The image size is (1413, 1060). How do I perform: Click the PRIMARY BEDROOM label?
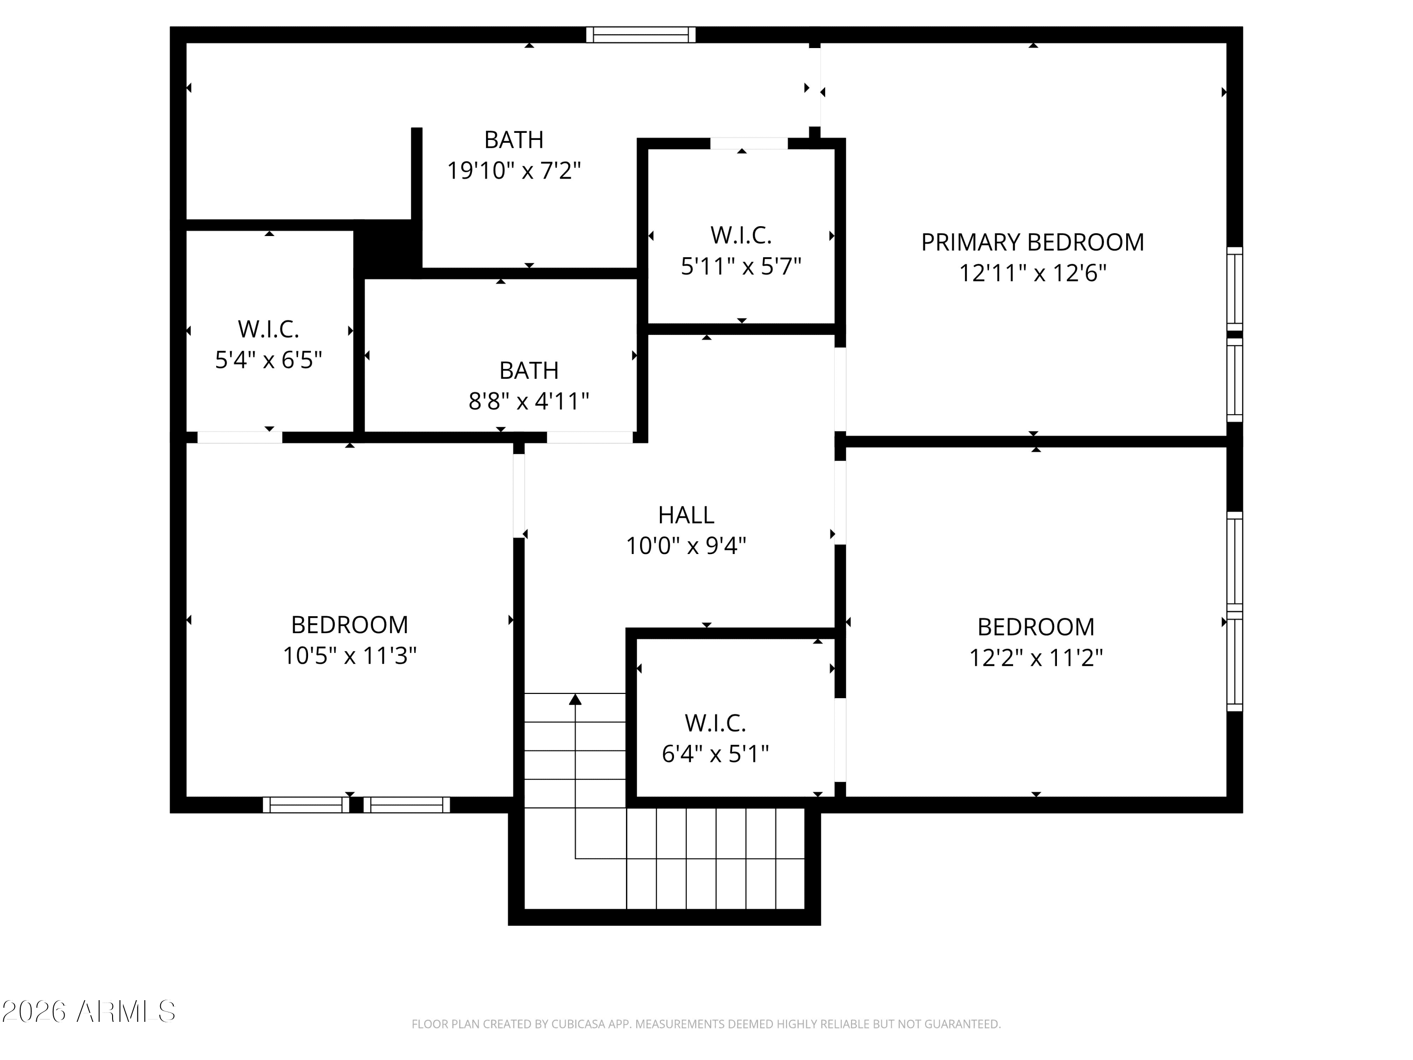point(1032,242)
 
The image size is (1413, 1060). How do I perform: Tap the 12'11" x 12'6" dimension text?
point(1032,273)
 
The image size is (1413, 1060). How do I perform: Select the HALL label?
point(686,515)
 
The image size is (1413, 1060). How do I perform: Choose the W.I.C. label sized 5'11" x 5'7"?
point(741,235)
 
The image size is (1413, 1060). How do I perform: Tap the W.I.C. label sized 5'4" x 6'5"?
point(268,329)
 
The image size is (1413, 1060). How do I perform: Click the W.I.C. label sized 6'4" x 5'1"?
point(715,723)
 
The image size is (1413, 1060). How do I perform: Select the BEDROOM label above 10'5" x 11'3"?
point(349,625)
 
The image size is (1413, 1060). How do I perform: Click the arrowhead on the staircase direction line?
point(575,700)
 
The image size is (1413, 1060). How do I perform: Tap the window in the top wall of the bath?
point(641,34)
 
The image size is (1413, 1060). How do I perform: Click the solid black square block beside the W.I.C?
point(387,249)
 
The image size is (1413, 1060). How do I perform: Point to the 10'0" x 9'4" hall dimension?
point(686,546)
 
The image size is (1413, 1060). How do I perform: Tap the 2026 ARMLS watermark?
point(89,1011)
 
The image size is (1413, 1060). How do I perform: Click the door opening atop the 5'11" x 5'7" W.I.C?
point(749,144)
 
